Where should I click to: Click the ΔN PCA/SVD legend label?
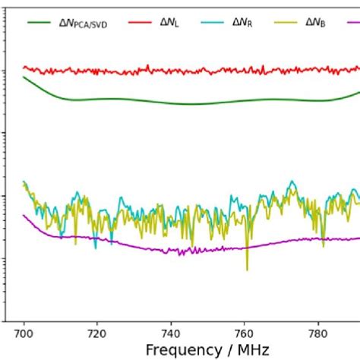83,23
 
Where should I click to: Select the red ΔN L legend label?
169,23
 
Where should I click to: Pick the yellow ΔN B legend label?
315,23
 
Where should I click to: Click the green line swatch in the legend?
39,23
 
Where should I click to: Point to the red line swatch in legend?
140,23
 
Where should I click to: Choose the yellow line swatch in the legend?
286,23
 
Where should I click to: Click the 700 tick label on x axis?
24,333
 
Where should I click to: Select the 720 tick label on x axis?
97,333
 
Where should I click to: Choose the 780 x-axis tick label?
318,333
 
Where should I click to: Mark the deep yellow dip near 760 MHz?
247,268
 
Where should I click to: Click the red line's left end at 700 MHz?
24,68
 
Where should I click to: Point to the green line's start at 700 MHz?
24,77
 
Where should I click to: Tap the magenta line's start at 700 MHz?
24,215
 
